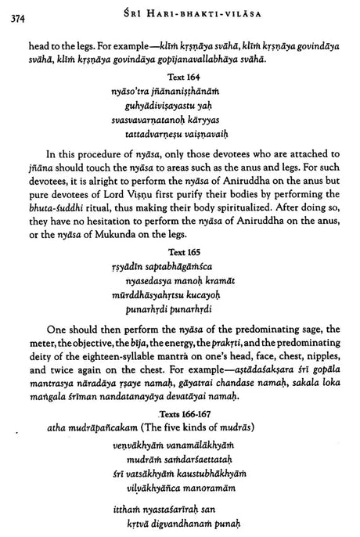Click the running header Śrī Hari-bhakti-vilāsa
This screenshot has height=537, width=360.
(x=184, y=9)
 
